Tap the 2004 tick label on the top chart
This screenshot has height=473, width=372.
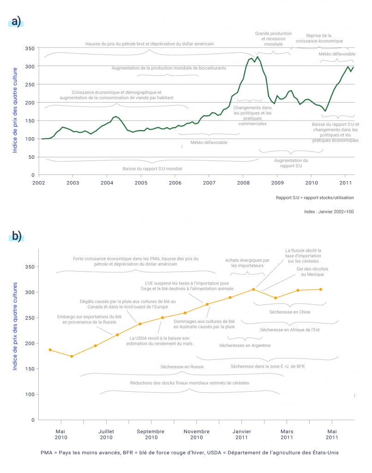point(107,183)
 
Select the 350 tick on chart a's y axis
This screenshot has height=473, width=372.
point(29,49)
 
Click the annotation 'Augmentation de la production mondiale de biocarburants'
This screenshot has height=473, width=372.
point(168,68)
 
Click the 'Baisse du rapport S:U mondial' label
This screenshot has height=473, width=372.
point(151,169)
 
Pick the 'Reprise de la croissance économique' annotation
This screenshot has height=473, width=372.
point(319,38)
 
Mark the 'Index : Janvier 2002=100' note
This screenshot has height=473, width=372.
point(329,211)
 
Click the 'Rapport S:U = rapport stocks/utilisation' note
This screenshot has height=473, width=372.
point(315,197)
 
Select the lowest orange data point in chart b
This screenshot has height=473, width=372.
point(72,356)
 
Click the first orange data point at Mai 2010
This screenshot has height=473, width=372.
point(50,350)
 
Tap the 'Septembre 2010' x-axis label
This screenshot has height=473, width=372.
point(151,434)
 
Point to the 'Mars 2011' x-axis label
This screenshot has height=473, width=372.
point(287,434)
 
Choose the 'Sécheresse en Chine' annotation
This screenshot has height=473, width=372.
point(290,312)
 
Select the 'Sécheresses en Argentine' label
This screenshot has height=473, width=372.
point(245,345)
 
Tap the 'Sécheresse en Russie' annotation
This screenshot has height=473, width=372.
point(182,367)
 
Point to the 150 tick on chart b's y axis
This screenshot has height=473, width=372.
point(29,369)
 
